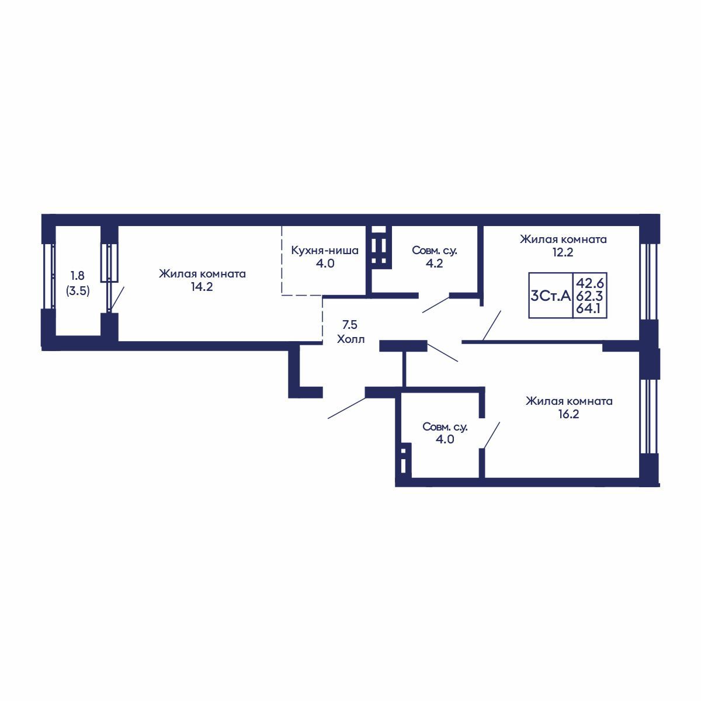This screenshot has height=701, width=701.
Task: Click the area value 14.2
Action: (202, 287)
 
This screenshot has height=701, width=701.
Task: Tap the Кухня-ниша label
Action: (325, 251)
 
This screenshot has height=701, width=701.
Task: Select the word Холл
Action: (350, 339)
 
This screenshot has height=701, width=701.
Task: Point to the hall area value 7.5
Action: (349, 324)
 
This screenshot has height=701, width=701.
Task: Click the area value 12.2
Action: (563, 252)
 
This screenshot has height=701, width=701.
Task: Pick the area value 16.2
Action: (568, 414)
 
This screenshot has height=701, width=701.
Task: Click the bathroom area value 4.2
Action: (435, 263)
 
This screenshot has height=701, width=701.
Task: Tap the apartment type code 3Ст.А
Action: (551, 296)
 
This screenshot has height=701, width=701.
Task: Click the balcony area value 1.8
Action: (78, 275)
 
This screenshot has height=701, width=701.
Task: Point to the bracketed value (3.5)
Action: (78, 291)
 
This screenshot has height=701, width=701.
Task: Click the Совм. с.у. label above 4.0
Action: (445, 427)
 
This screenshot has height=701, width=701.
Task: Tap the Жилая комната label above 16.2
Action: (569, 401)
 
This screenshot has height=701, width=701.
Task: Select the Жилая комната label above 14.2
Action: (202, 274)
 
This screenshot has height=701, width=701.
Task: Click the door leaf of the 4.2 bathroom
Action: (436, 305)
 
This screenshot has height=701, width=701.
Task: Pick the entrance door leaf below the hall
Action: (346, 408)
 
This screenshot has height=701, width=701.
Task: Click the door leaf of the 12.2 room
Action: (492, 325)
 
